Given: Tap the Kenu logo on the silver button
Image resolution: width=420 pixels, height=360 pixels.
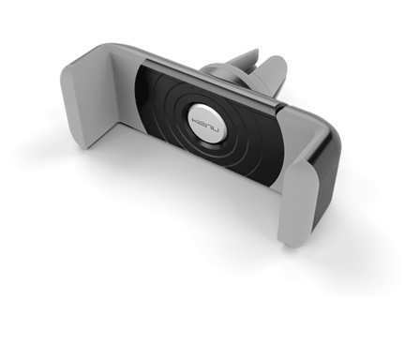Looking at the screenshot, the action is [205, 125].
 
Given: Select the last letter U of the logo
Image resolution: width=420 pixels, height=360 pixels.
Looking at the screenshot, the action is [215, 129].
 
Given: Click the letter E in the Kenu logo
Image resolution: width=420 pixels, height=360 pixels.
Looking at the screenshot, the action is [202, 122].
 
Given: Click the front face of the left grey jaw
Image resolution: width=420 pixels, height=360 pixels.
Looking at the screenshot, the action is [82, 103].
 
